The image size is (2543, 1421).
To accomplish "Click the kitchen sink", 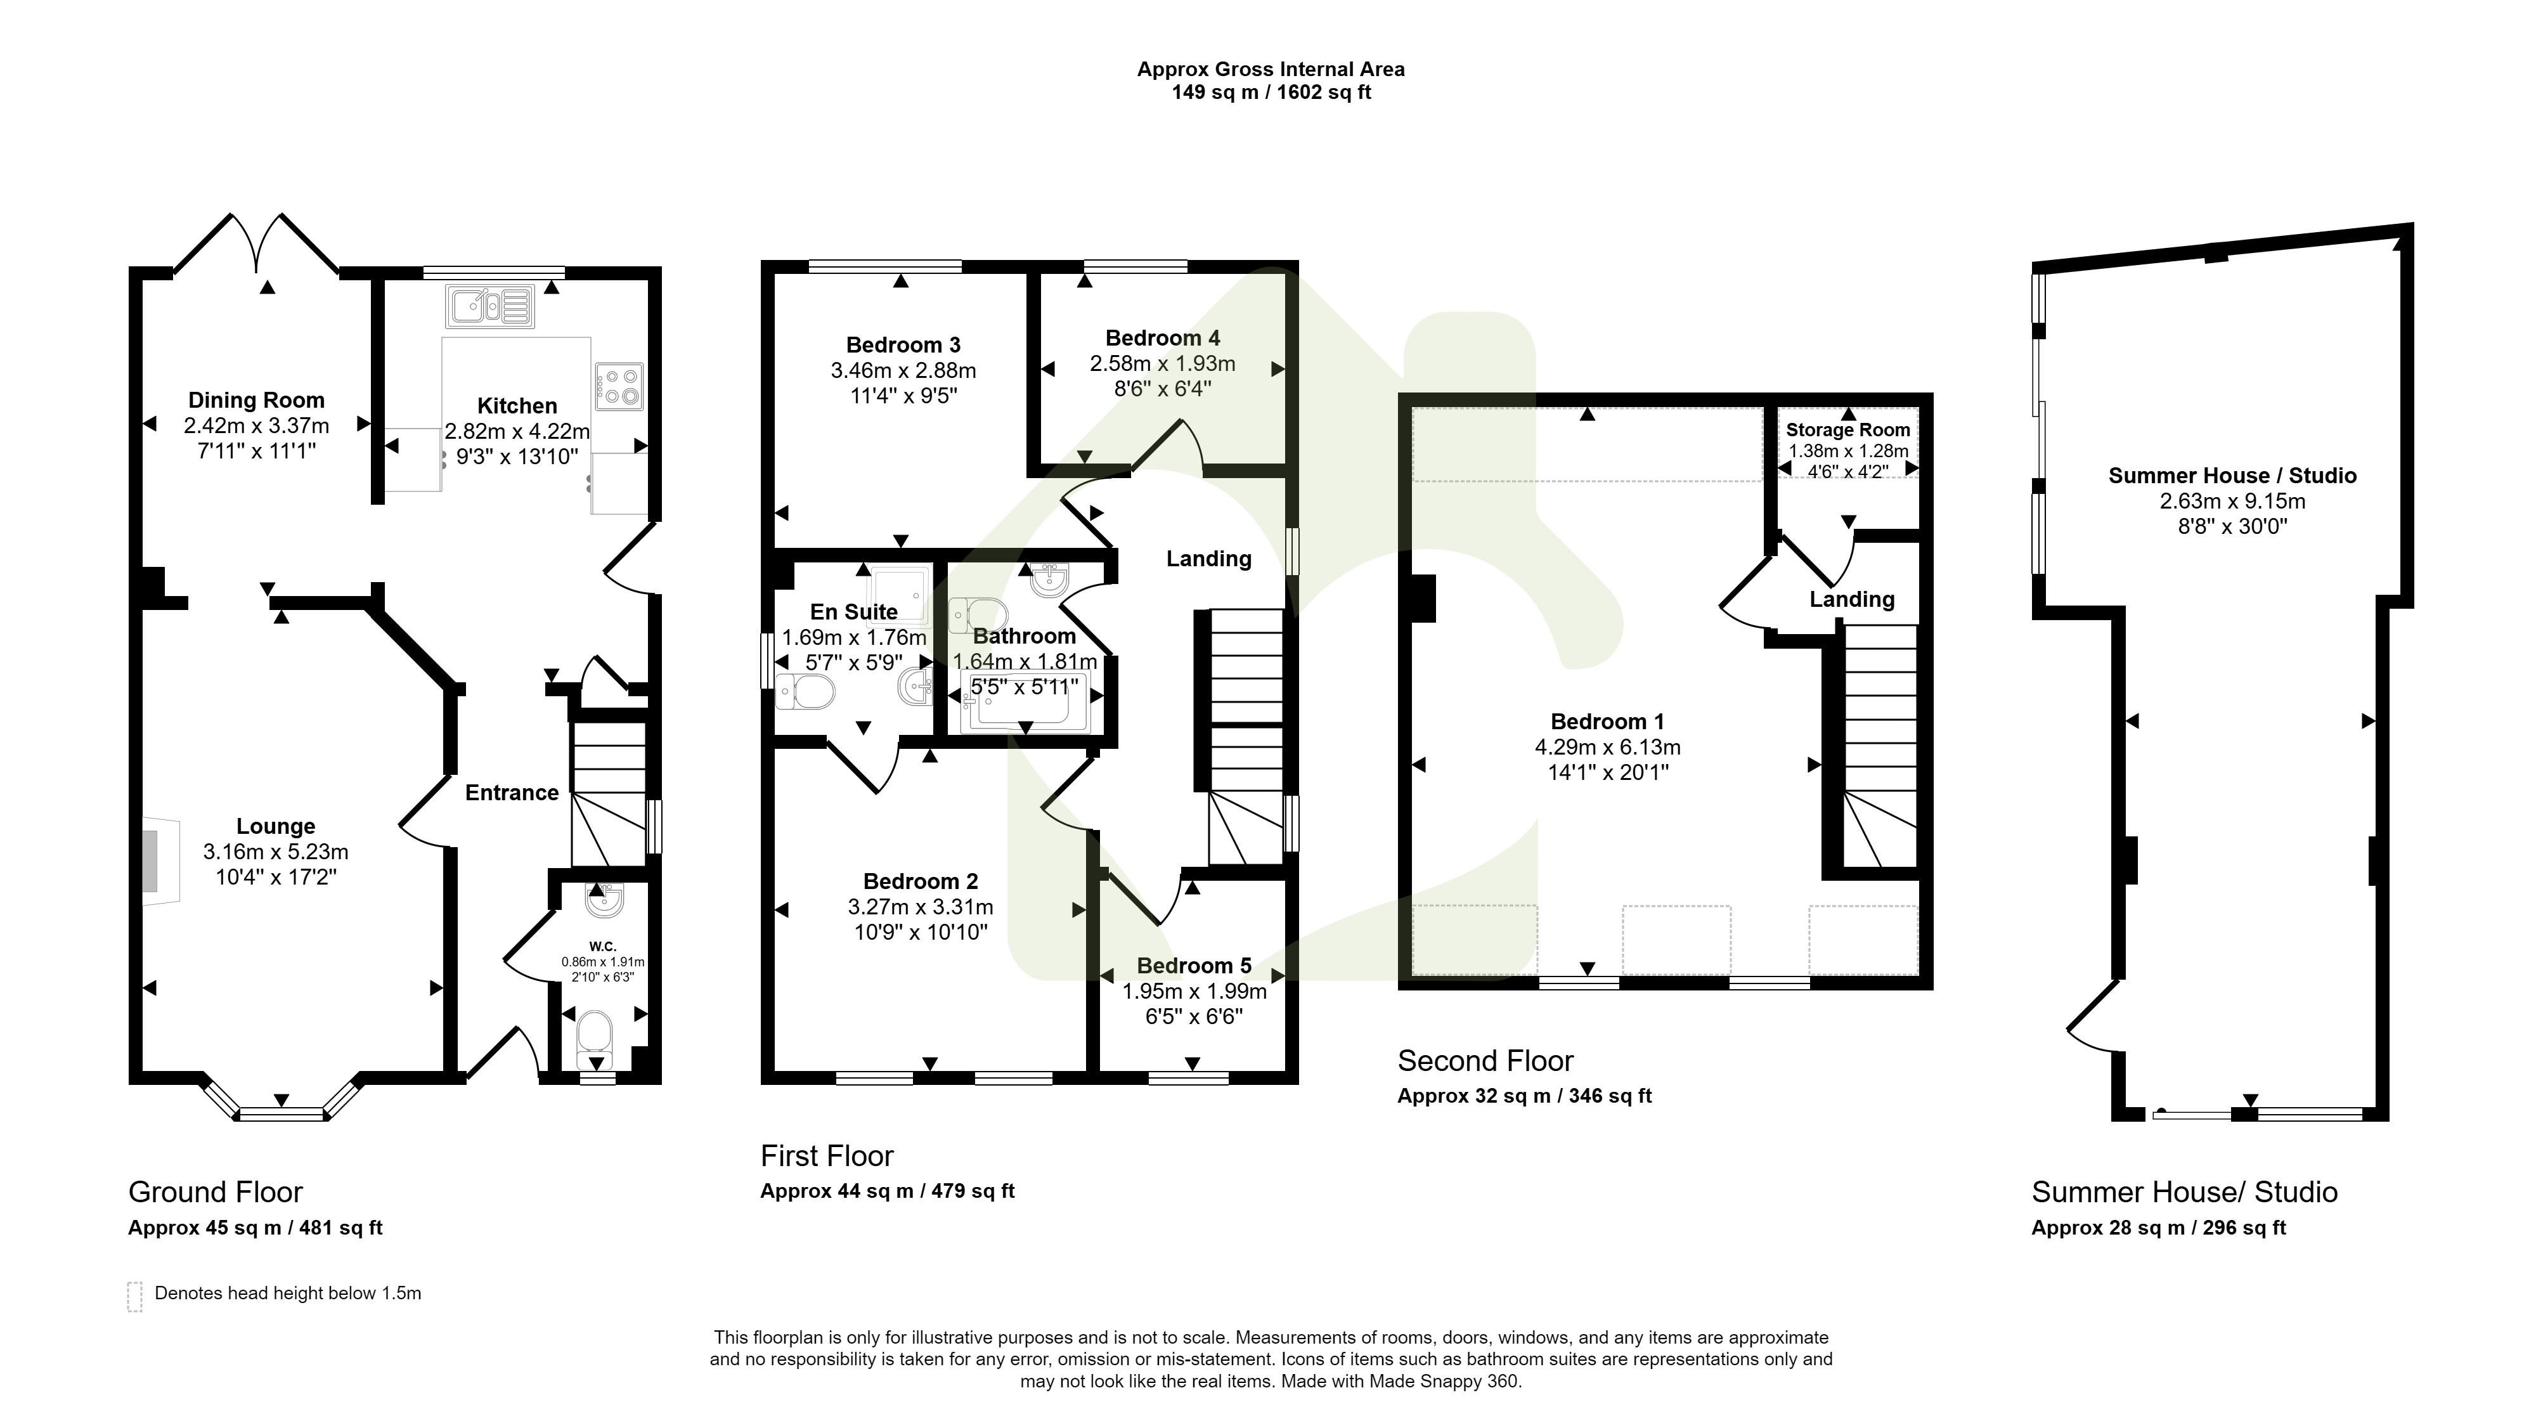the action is tap(489, 306).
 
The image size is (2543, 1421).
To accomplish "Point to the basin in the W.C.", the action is tap(603, 900).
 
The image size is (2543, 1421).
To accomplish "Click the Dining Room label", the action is tap(257, 400).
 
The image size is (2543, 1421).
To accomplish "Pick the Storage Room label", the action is tap(1848, 431).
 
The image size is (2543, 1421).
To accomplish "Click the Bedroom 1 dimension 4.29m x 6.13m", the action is tap(1608, 748).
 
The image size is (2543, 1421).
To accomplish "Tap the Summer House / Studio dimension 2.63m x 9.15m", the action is tap(2233, 502).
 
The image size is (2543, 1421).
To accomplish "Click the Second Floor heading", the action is tap(1485, 1061).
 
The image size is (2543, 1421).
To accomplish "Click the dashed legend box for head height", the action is tap(135, 1295).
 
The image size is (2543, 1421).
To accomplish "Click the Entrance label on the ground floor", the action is tap(512, 793).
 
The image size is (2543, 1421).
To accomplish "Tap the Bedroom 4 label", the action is tap(1163, 338).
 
